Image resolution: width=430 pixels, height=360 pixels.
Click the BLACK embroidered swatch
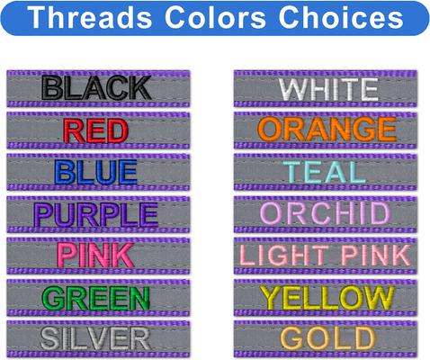(x=97, y=88)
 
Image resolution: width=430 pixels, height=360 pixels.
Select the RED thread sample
(x=97, y=130)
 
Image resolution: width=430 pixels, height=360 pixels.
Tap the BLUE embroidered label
(x=97, y=172)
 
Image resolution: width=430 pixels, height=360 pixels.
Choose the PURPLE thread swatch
(x=97, y=214)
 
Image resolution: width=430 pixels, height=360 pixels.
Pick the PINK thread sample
(x=97, y=256)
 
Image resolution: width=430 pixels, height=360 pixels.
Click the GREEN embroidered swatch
(x=97, y=297)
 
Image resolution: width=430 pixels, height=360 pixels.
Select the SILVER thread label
(x=97, y=338)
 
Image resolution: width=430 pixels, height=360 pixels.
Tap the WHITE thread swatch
(x=327, y=88)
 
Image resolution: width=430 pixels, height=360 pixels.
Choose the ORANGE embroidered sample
(x=327, y=130)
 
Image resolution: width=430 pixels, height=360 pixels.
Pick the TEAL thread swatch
(x=327, y=172)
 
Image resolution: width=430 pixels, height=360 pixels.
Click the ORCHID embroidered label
(x=327, y=214)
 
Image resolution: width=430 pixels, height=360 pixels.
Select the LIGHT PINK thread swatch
(x=327, y=256)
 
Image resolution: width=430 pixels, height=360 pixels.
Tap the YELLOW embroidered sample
(x=327, y=297)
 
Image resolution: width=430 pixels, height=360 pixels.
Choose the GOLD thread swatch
(x=327, y=338)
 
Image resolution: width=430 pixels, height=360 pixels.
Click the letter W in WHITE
(x=292, y=88)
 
